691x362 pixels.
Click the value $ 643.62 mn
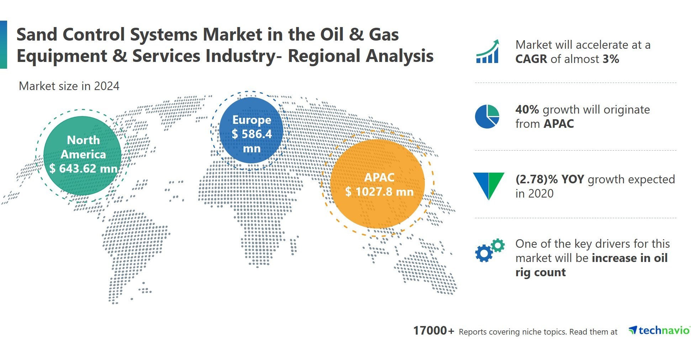[83, 168]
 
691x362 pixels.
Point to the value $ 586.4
[252, 134]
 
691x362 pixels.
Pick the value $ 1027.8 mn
[379, 192]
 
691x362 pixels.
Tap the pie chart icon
[487, 116]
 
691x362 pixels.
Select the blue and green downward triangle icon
[489, 185]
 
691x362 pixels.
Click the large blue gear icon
[484, 253]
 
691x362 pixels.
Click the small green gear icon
[498, 245]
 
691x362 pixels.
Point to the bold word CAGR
[531, 59]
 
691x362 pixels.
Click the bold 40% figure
[527, 110]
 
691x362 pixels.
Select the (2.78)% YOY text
[549, 179]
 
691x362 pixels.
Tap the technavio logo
[659, 331]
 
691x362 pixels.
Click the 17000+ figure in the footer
[433, 331]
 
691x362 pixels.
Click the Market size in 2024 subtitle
[69, 86]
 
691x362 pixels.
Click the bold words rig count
[540, 272]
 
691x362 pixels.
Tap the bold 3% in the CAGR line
[611, 59]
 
